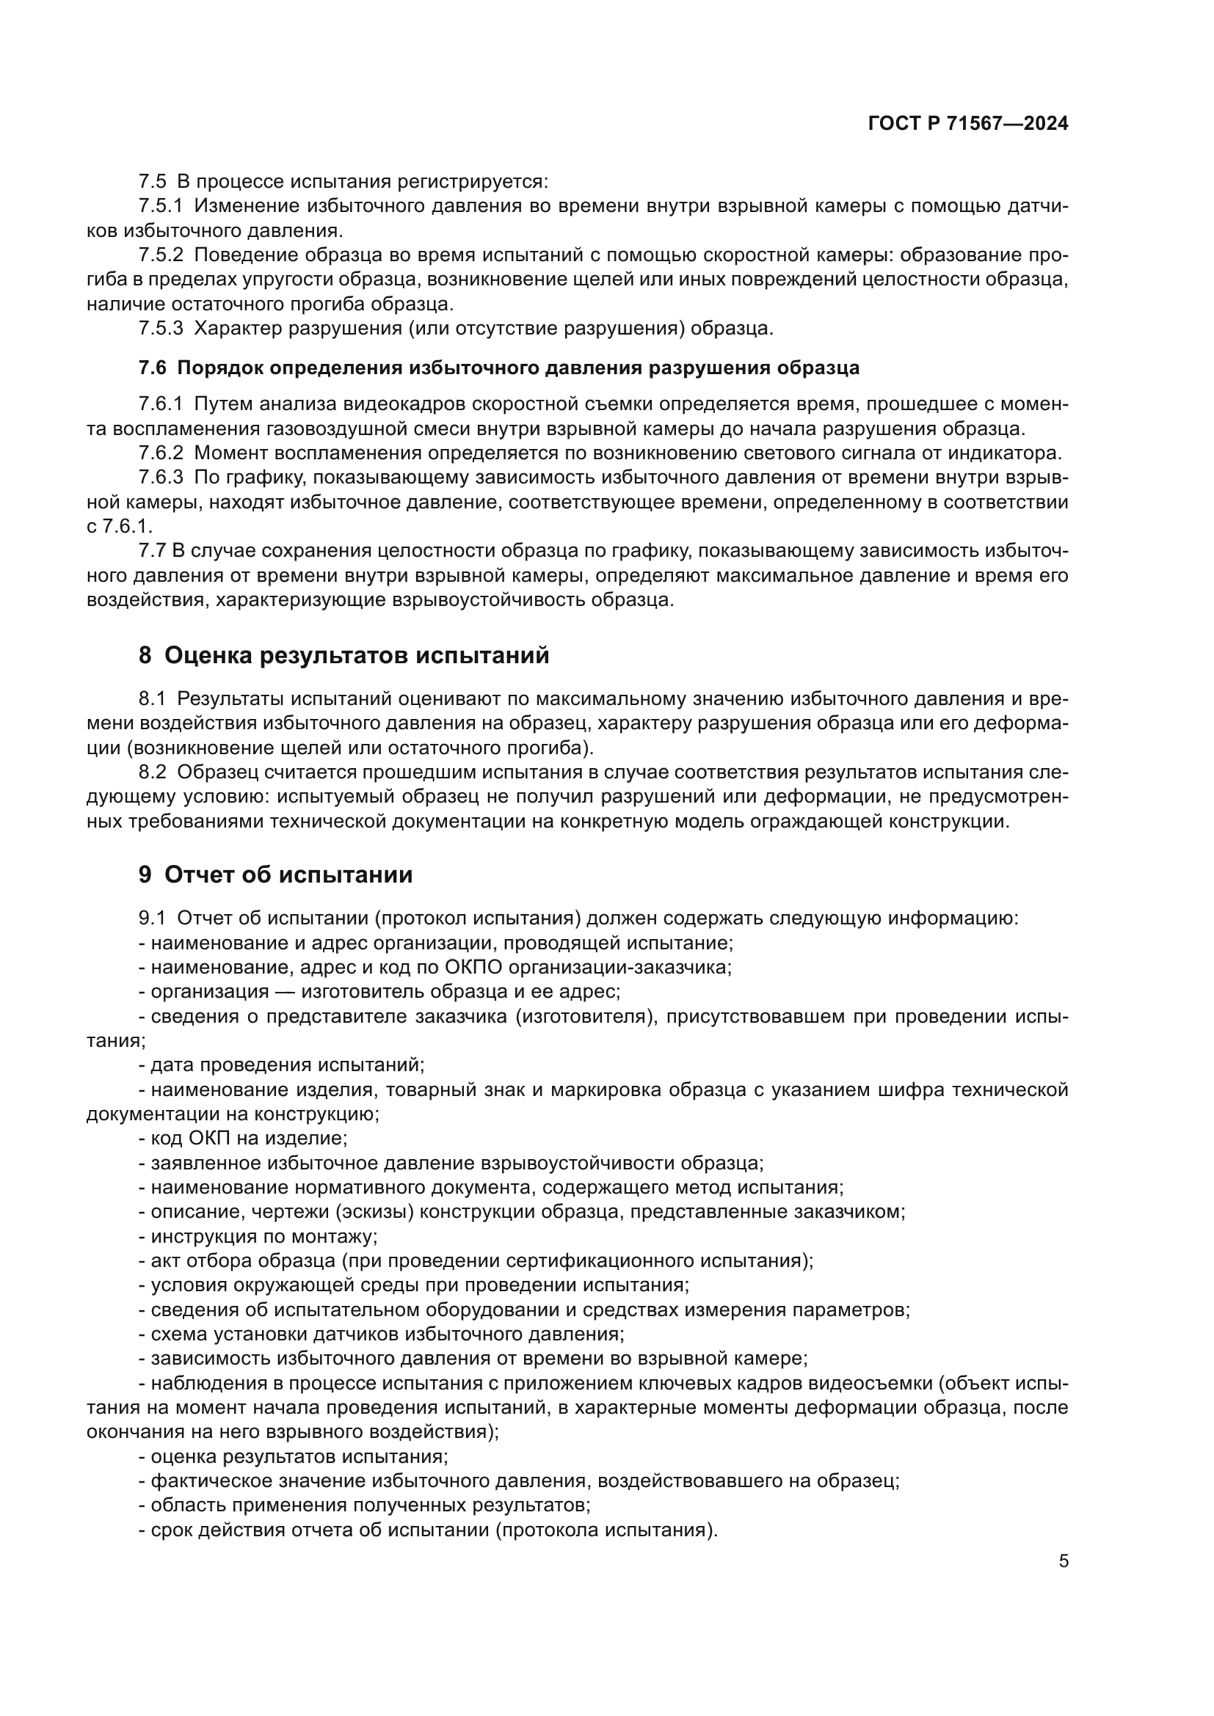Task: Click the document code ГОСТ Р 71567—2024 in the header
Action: click(x=968, y=124)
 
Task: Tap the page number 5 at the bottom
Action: click(x=1063, y=1561)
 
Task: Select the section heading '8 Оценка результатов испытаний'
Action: click(x=344, y=655)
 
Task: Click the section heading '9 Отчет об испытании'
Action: click(x=275, y=875)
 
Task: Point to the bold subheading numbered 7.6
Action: click(x=498, y=368)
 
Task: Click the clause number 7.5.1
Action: click(x=160, y=206)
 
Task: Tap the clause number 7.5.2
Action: click(x=160, y=255)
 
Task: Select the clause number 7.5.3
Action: click(x=160, y=328)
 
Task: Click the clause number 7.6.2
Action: click(x=160, y=453)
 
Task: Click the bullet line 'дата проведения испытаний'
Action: click(x=282, y=1065)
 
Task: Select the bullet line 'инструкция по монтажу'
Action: click(x=258, y=1236)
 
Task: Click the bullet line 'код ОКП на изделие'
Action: click(x=244, y=1139)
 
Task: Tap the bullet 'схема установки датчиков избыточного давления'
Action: click(x=382, y=1333)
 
